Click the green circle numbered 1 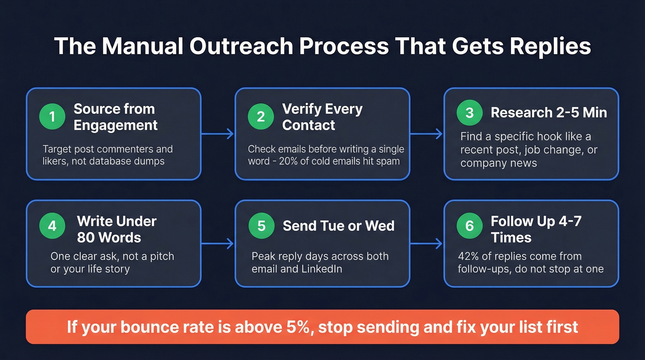(52, 117)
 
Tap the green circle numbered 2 (261, 117)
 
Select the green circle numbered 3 (469, 113)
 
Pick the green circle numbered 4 (52, 225)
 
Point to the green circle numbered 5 (261, 225)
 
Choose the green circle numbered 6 (469, 225)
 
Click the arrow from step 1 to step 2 (218, 134)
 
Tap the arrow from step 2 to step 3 (427, 134)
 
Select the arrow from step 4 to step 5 (218, 243)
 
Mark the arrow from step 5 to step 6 (427, 243)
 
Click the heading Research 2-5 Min (549, 112)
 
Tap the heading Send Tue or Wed (338, 225)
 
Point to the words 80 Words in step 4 (109, 237)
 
